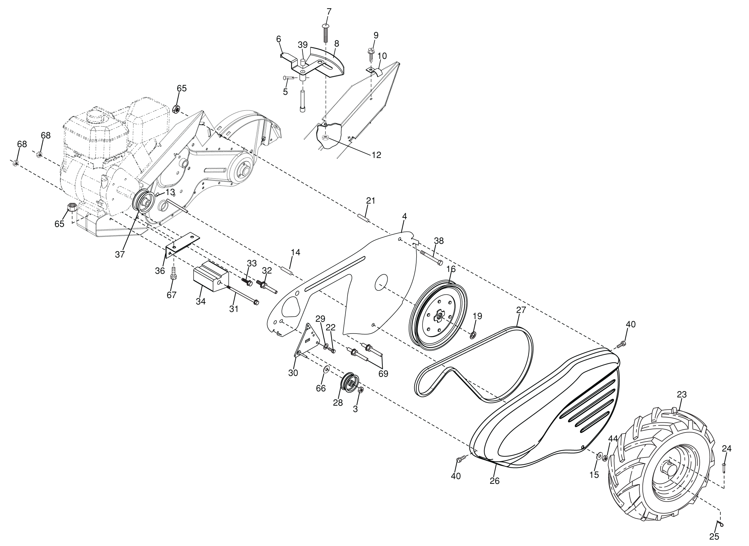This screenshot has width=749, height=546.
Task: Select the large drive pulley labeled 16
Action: [x=438, y=315]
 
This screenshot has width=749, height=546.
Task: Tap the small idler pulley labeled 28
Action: [x=350, y=384]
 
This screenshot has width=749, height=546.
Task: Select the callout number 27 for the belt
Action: [x=521, y=310]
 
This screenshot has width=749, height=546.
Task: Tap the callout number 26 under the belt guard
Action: [x=495, y=481]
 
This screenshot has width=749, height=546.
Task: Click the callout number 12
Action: [x=376, y=155]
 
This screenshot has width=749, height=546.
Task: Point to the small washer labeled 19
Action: [x=473, y=336]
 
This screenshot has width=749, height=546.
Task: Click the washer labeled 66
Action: [x=327, y=369]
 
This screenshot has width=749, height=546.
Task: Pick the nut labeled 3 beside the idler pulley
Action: [x=361, y=390]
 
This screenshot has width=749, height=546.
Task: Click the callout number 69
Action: [x=383, y=373]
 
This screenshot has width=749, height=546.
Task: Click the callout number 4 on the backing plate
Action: [x=404, y=216]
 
